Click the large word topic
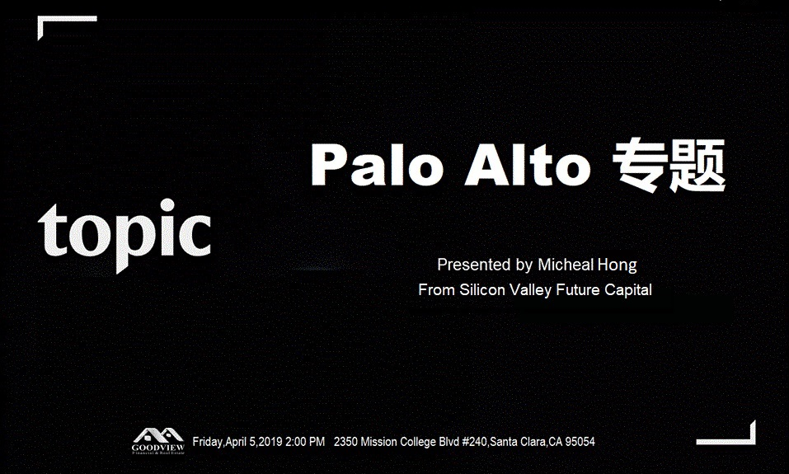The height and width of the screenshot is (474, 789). pyautogui.click(x=124, y=234)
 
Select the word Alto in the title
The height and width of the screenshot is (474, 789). pyautogui.click(x=528, y=166)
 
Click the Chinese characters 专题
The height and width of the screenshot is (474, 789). pyautogui.click(x=669, y=165)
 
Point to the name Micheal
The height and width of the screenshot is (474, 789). pyautogui.click(x=566, y=265)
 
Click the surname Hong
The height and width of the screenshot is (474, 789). pyautogui.click(x=618, y=265)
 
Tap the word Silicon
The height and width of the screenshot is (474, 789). pyautogui.click(x=482, y=290)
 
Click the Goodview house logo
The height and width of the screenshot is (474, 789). pyautogui.click(x=158, y=441)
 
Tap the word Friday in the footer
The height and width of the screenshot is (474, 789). pyautogui.click(x=207, y=443)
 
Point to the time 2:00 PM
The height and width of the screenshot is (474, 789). pyautogui.click(x=305, y=442)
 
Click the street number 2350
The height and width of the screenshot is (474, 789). pyautogui.click(x=345, y=442)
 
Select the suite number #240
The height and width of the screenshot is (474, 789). pyautogui.click(x=474, y=442)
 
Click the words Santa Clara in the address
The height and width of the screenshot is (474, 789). pyautogui.click(x=518, y=442)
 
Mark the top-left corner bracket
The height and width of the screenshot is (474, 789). pyautogui.click(x=40, y=19)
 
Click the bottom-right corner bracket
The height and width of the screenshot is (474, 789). pyautogui.click(x=753, y=442)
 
